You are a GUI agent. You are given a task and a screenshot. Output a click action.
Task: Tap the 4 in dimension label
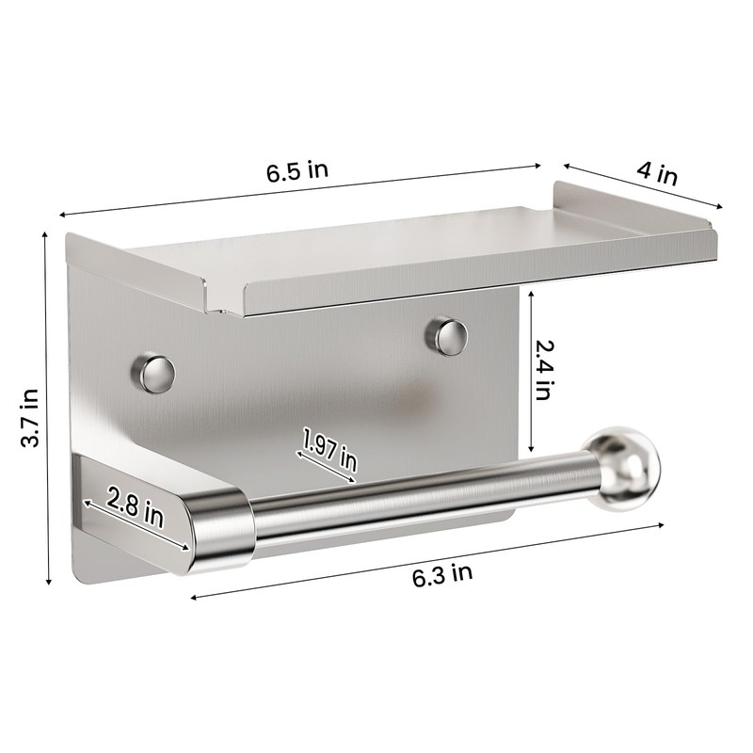(656, 174)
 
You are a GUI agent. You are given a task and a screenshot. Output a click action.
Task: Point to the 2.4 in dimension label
(543, 370)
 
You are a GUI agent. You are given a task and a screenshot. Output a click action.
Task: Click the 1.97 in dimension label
(329, 450)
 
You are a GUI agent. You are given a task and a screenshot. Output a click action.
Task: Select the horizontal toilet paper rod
(414, 499)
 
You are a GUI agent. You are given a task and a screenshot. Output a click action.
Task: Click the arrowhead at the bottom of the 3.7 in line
(48, 584)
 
